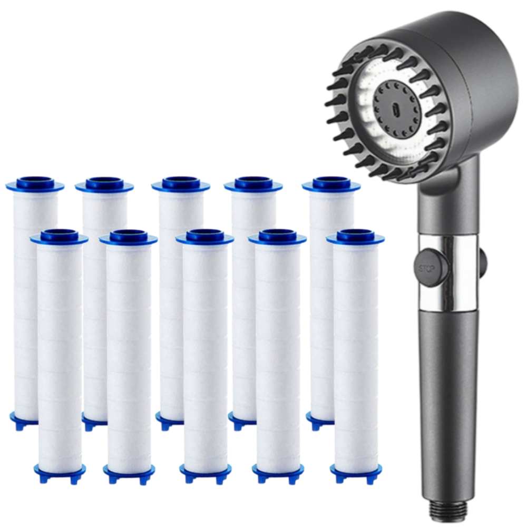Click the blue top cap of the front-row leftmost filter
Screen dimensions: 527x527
coord(59,237)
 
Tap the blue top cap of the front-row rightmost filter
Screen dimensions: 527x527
coord(355,237)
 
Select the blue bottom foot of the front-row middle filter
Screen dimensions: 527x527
coord(206,472)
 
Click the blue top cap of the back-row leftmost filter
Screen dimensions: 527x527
coord(35,184)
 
